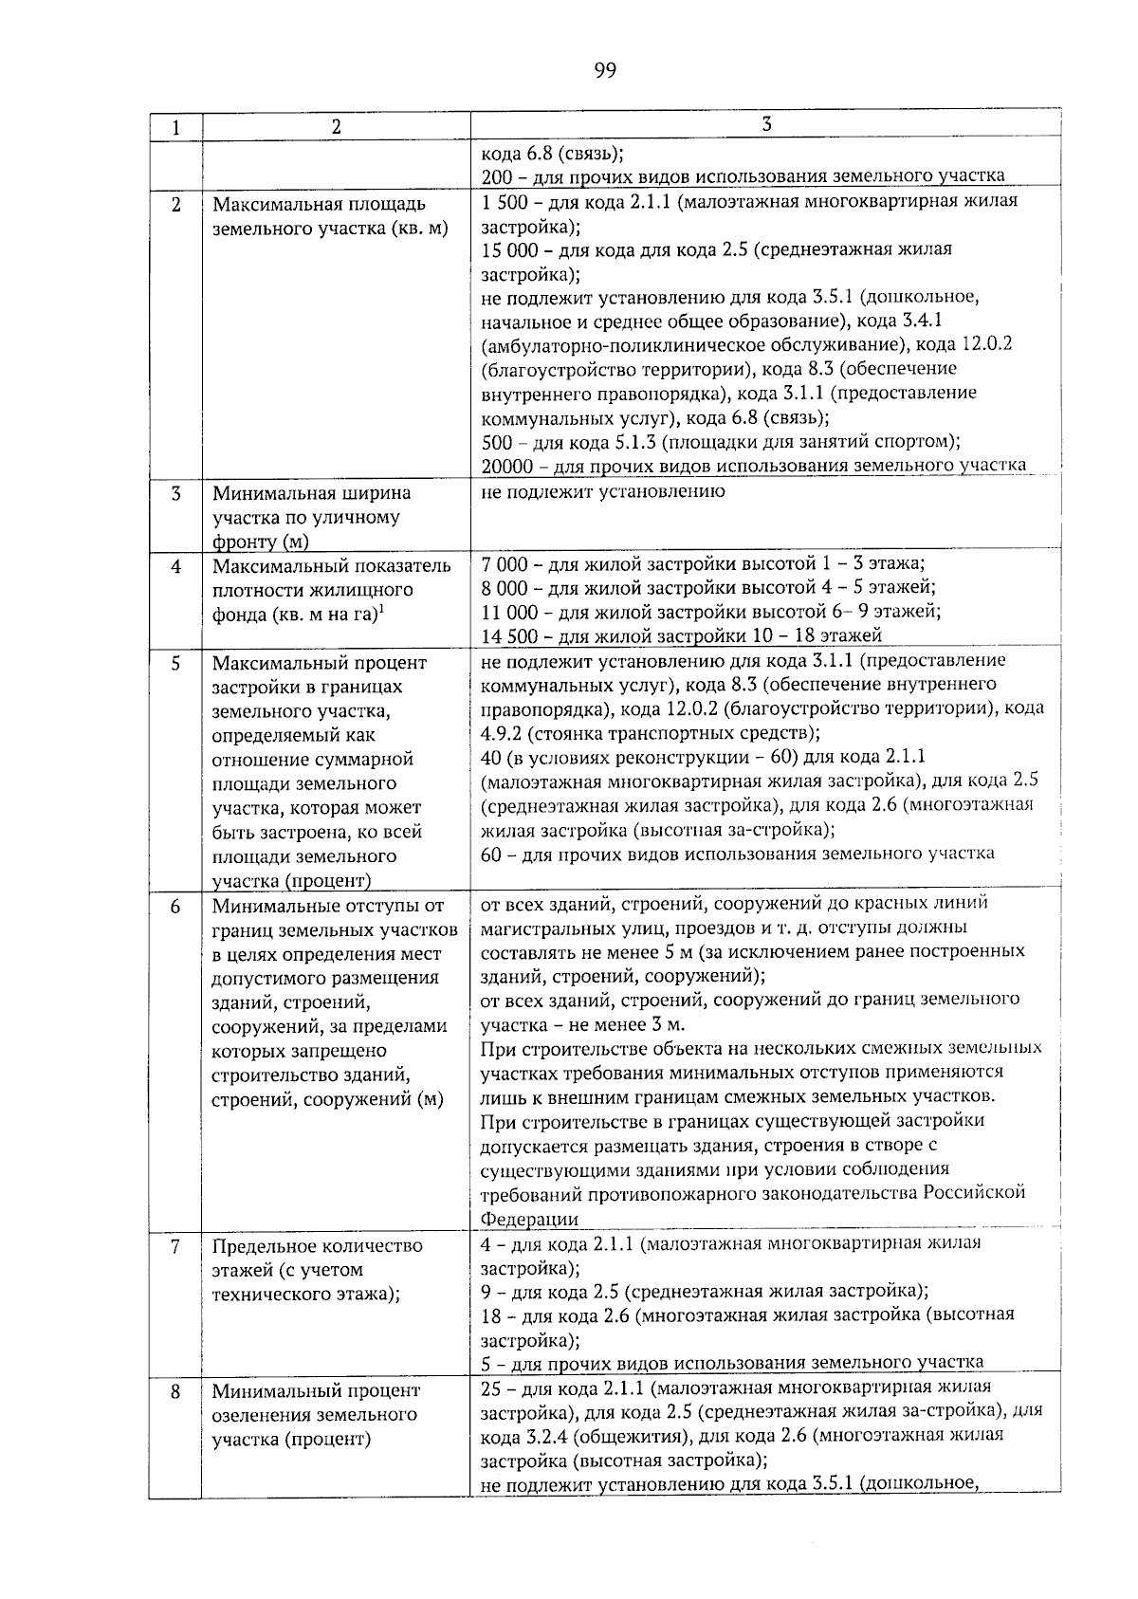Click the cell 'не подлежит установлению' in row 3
point(602,491)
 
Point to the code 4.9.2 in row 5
point(500,733)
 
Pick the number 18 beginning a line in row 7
point(491,1314)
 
